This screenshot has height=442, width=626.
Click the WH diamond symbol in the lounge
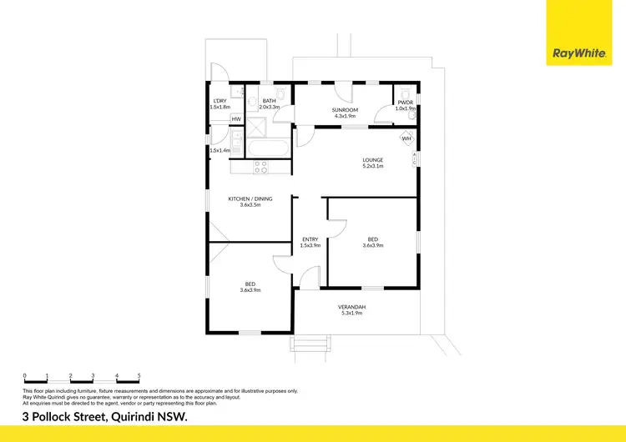coord(406,138)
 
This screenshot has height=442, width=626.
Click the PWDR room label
coord(406,103)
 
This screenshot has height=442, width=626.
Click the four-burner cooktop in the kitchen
coord(260,166)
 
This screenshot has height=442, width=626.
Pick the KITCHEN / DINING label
coord(250,198)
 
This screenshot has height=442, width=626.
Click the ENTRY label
coord(310,240)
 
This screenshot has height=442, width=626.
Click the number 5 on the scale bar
coord(139,376)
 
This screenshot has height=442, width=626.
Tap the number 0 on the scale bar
coord(25,376)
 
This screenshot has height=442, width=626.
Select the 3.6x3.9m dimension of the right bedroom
coord(371,245)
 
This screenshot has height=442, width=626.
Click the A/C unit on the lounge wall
coord(416,158)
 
